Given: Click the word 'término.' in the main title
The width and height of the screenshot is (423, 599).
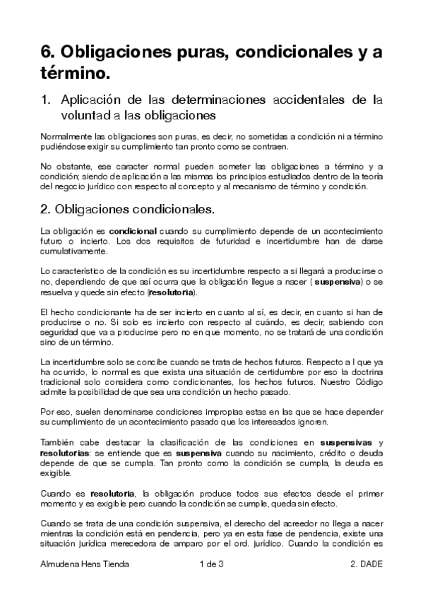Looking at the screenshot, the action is [76, 71].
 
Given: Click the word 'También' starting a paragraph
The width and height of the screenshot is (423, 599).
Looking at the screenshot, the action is [58, 441].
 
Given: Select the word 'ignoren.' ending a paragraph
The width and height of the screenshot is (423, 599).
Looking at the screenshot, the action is [309, 422].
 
